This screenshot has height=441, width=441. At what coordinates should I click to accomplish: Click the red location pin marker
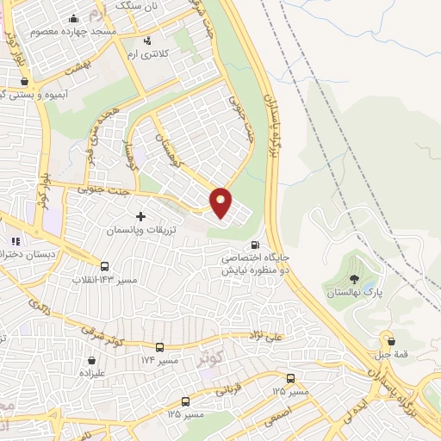tap(221, 202)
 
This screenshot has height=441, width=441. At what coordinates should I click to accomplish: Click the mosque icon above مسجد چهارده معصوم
tap(74, 18)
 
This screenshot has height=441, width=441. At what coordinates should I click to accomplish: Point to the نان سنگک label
tap(139, 6)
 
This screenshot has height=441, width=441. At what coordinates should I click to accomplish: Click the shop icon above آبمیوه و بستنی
tap(23, 81)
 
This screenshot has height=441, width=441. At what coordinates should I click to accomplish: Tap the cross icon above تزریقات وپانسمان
tap(140, 215)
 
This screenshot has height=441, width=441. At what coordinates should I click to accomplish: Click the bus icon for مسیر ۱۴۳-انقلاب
tap(105, 266)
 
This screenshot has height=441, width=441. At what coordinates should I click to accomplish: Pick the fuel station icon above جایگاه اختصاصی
tap(255, 244)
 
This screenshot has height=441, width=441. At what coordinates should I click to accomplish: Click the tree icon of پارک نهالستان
tap(354, 278)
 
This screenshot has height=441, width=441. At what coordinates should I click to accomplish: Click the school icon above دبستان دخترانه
tap(15, 240)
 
